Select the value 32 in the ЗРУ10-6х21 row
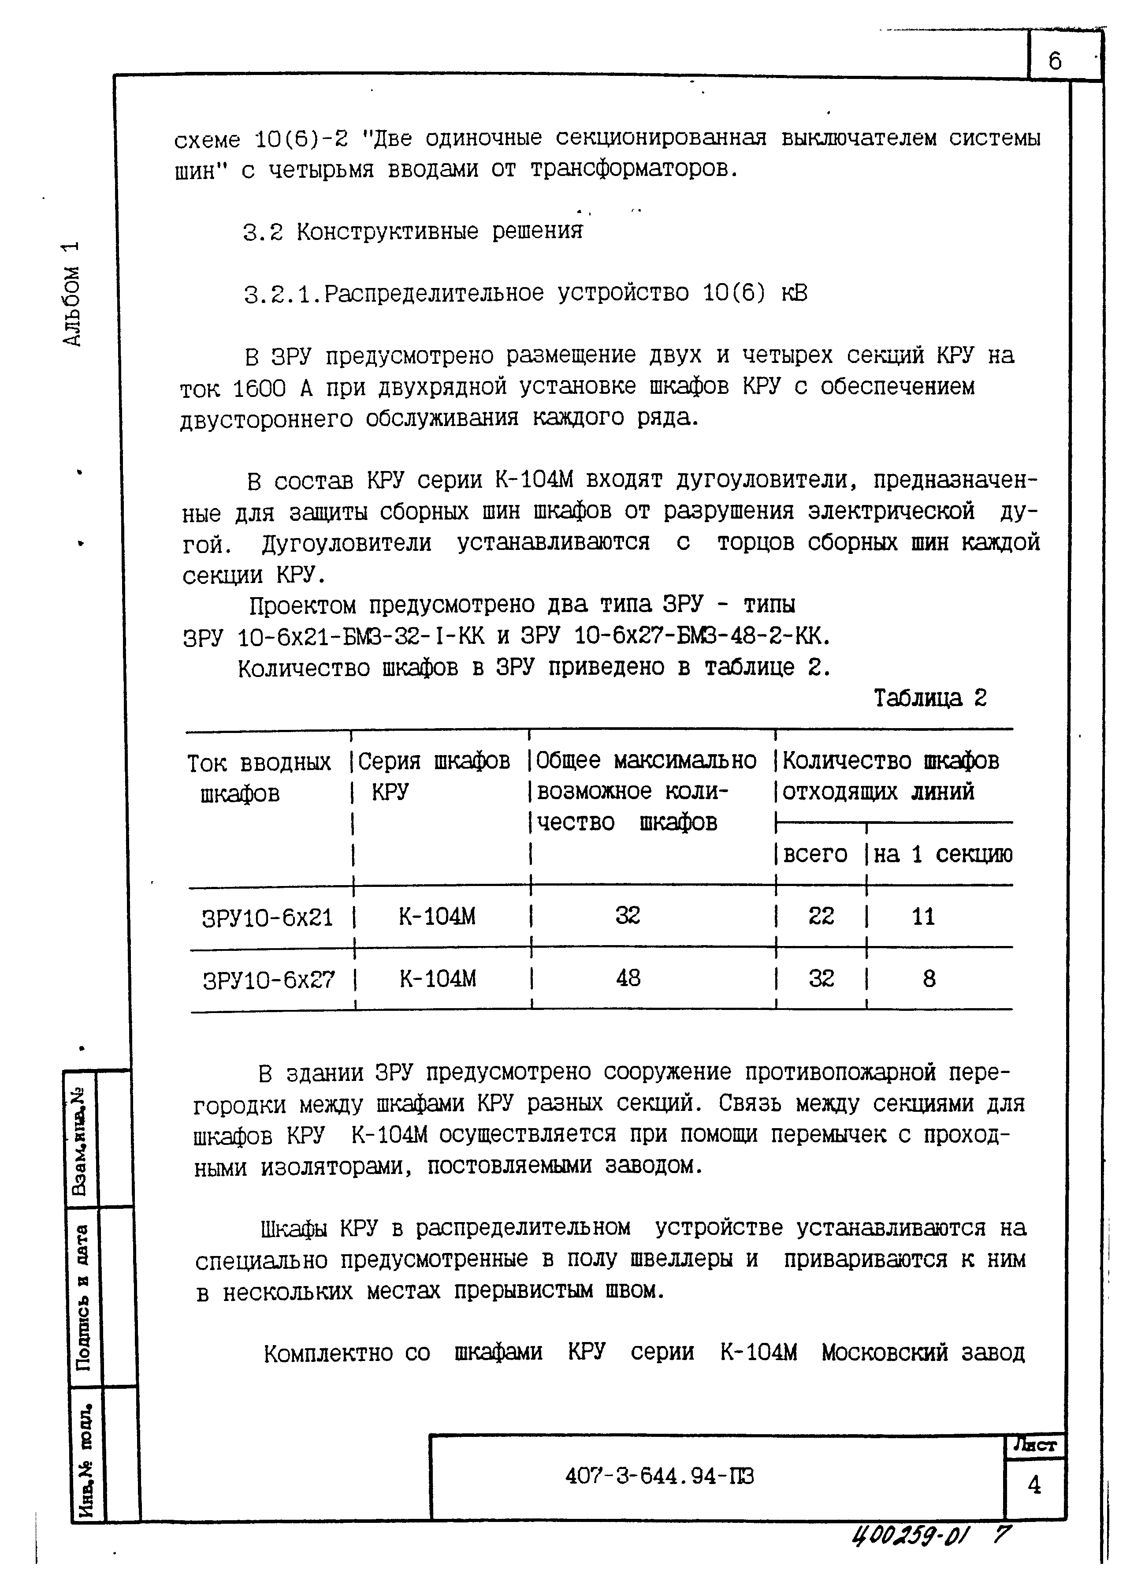point(628,916)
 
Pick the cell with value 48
point(628,978)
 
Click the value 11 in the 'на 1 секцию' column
point(923,916)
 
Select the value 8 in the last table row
point(929,979)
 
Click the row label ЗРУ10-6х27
point(269,980)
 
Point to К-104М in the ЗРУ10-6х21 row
point(437,916)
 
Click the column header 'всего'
point(814,854)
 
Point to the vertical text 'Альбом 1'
point(72,294)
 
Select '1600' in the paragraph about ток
point(258,388)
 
